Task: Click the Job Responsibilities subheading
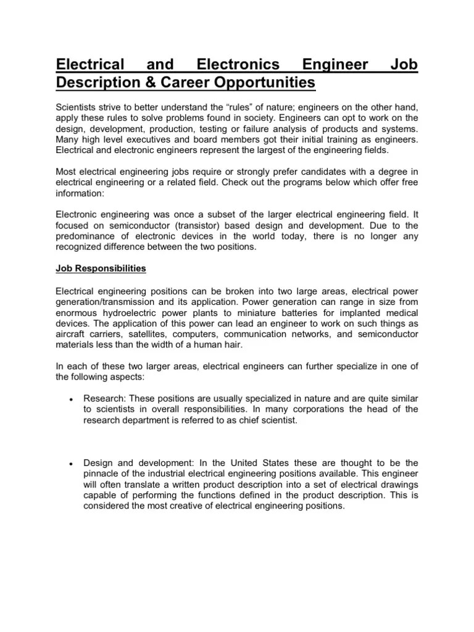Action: click(x=101, y=270)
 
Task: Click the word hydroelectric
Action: click(x=132, y=313)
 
